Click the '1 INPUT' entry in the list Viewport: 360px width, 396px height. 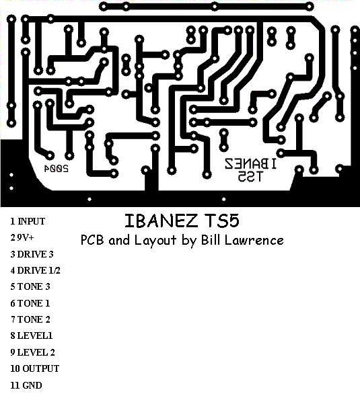[x=28, y=221]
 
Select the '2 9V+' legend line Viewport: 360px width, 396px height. [x=22, y=237]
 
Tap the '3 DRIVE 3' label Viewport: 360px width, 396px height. [x=32, y=254]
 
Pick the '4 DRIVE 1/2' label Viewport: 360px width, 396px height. [x=35, y=270]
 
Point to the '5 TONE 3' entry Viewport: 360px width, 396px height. [x=30, y=286]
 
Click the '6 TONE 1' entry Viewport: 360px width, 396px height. [x=30, y=303]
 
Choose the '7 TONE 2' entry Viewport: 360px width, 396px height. [x=30, y=319]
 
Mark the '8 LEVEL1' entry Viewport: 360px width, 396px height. [x=32, y=335]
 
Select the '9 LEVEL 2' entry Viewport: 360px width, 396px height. [x=32, y=352]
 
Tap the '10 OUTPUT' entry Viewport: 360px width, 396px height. [x=34, y=368]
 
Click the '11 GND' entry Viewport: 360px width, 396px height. [x=26, y=385]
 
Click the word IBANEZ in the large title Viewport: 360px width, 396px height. [x=161, y=221]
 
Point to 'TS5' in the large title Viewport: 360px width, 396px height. [x=221, y=221]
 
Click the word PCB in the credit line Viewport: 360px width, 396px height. [x=92, y=240]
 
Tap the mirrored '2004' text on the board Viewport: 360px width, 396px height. [x=57, y=169]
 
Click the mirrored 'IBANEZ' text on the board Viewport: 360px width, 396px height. [x=250, y=164]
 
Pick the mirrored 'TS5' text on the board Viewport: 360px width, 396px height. [x=250, y=176]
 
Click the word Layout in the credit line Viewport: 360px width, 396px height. [x=155, y=241]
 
